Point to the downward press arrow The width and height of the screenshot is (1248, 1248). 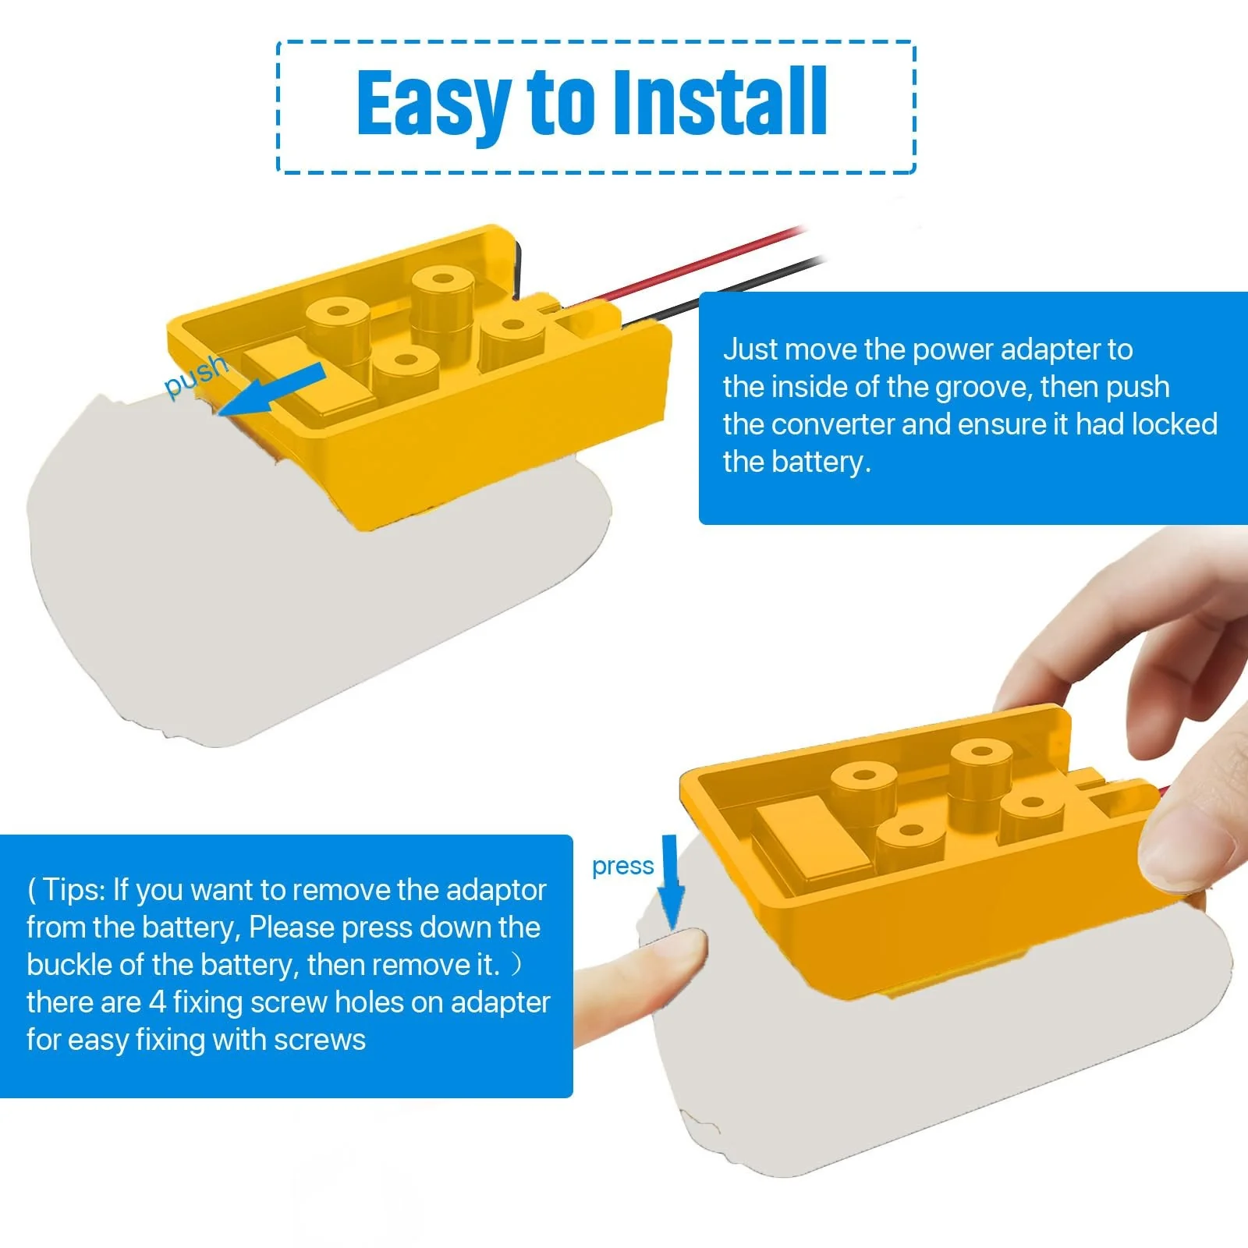(x=671, y=882)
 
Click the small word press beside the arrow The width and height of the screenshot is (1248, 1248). (x=622, y=867)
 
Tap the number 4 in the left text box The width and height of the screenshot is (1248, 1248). (x=158, y=1002)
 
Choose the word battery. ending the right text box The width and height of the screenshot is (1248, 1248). (x=819, y=462)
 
